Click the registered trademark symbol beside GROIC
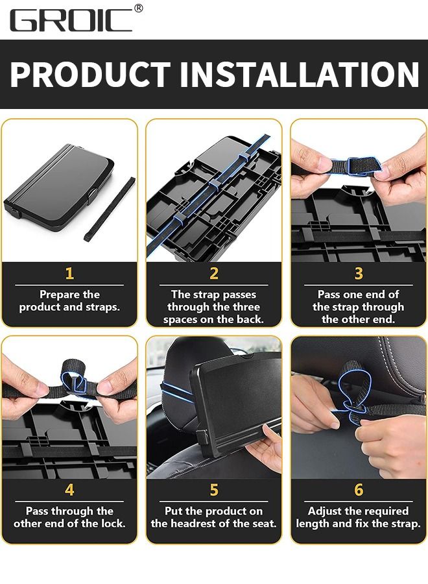pyautogui.click(x=138, y=8)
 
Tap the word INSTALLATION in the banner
pyautogui.click(x=300, y=75)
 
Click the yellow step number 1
pyautogui.click(x=69, y=274)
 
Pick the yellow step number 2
pyautogui.click(x=214, y=274)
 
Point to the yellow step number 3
pyautogui.click(x=359, y=274)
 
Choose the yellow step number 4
pyautogui.click(x=69, y=490)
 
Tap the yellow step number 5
pyautogui.click(x=214, y=490)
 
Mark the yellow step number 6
pyautogui.click(x=359, y=490)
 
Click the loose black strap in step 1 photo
pyautogui.click(x=111, y=209)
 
